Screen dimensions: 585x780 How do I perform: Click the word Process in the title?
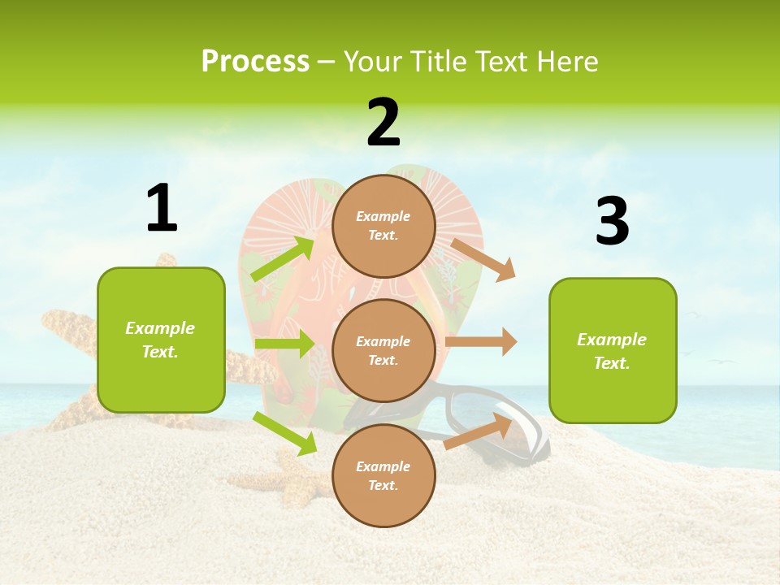[x=255, y=62]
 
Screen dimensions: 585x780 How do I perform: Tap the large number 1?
[x=162, y=209]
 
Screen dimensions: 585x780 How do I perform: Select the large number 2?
[x=383, y=123]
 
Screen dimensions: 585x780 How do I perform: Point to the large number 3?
[x=612, y=222]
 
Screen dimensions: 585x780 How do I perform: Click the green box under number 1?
[x=161, y=340]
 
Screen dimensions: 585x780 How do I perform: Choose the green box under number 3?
[x=613, y=350]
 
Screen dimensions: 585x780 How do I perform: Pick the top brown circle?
[x=383, y=226]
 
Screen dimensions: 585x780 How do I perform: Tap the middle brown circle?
[x=383, y=351]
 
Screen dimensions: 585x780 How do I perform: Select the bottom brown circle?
[x=383, y=476]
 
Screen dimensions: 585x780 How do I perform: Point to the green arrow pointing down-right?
[x=285, y=433]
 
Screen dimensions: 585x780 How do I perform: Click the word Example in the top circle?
[x=383, y=216]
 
